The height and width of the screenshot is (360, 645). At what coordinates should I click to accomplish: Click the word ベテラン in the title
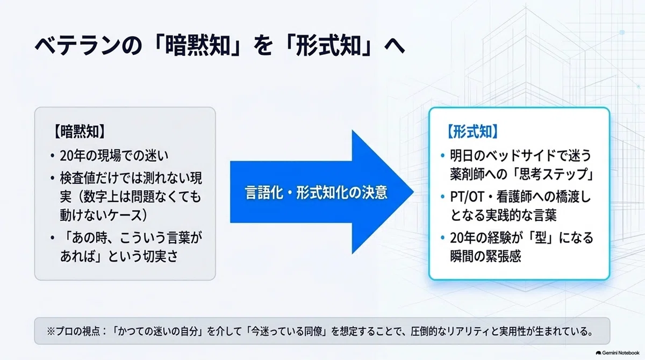pyautogui.click(x=78, y=46)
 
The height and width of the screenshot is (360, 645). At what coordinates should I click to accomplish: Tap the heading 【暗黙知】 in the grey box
pyautogui.click(x=80, y=132)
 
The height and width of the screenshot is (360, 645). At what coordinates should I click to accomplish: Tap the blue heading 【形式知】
pyautogui.click(x=472, y=132)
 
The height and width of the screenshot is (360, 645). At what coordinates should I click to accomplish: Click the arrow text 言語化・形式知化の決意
pyautogui.click(x=316, y=192)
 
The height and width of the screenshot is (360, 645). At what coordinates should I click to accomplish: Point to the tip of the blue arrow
pyautogui.click(x=413, y=192)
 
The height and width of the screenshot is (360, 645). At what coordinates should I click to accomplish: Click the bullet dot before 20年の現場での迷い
pyautogui.click(x=52, y=156)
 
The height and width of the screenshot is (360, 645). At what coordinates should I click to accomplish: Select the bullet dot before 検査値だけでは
pyautogui.click(x=52, y=178)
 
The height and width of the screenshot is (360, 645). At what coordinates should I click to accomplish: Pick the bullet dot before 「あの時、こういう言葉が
pyautogui.click(x=52, y=238)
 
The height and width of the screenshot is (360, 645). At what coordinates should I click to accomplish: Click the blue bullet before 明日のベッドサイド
pyautogui.click(x=443, y=156)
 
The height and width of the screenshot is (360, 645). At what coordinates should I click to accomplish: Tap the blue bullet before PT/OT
pyautogui.click(x=443, y=197)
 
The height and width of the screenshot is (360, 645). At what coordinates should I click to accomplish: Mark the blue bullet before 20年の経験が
pyautogui.click(x=443, y=238)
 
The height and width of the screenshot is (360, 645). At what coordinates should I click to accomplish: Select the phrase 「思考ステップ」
pyautogui.click(x=552, y=174)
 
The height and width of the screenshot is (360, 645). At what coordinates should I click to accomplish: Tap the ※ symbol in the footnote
pyautogui.click(x=51, y=332)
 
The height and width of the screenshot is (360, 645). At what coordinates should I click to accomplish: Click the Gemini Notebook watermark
pyautogui.click(x=618, y=353)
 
